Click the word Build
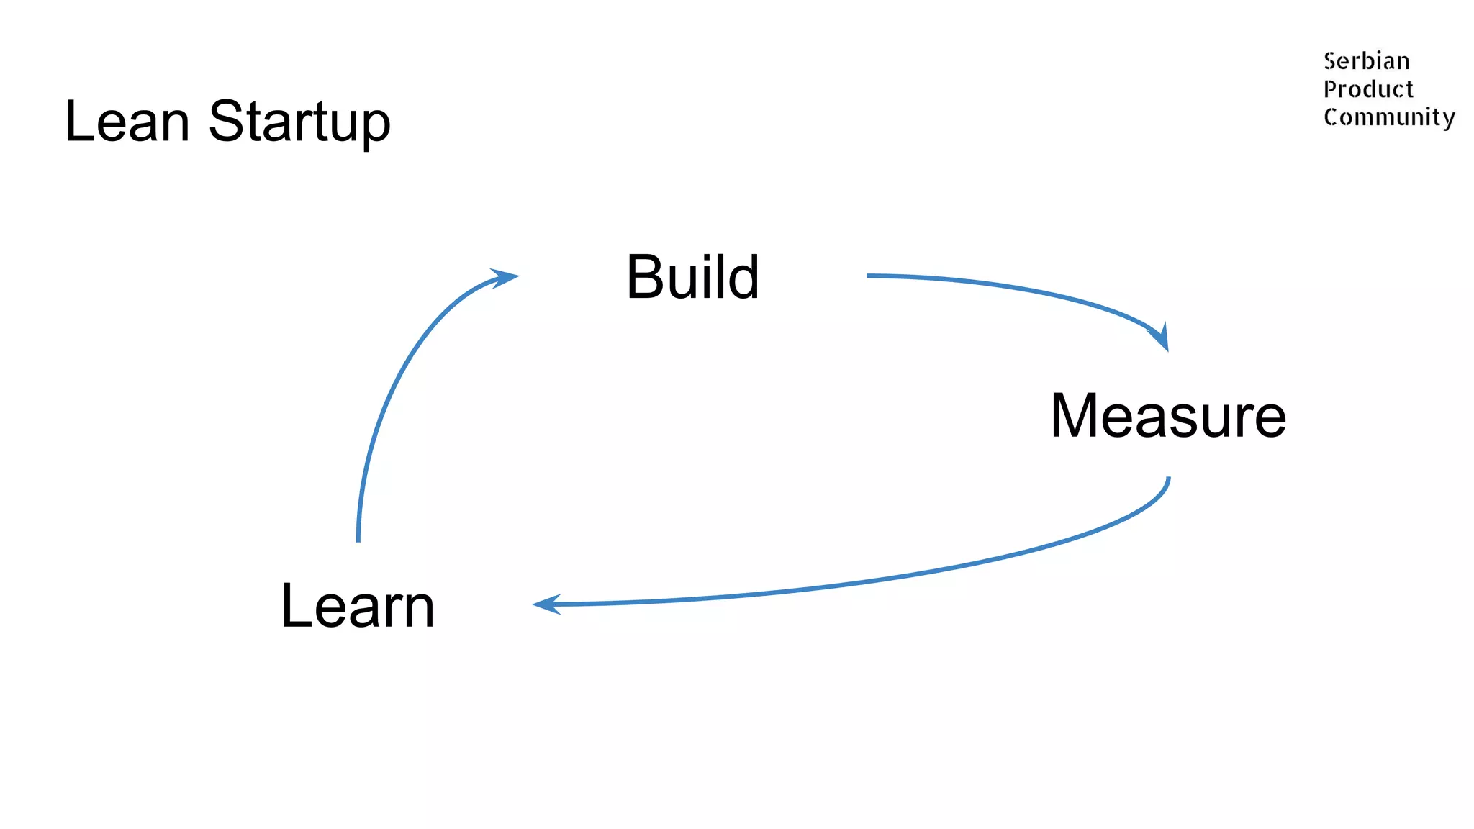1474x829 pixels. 692,277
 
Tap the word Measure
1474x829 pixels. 1167,416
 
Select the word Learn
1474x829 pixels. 358,606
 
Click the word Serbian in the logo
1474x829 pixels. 1366,61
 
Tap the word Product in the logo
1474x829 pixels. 1368,89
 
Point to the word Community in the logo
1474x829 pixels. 1388,117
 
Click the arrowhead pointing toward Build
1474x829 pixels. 506,277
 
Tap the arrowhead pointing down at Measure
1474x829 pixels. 1161,338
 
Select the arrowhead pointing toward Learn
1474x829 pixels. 546,604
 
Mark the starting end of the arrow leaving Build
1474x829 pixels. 869,276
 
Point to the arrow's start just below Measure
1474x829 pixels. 1168,479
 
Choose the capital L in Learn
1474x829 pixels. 294,606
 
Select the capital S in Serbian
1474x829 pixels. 1330,61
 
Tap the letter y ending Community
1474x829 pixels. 1448,119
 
